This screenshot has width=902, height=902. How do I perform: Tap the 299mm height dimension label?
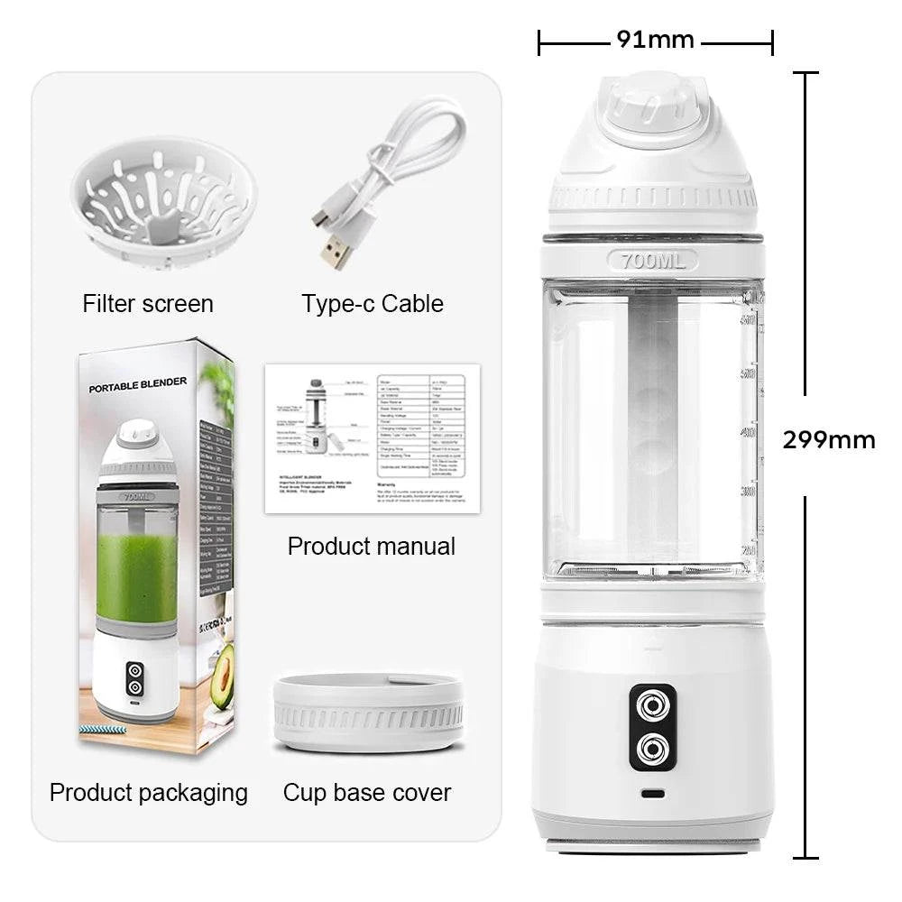click(x=828, y=440)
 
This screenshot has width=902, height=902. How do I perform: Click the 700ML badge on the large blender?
click(x=653, y=262)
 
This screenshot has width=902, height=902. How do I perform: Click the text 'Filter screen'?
click(x=148, y=304)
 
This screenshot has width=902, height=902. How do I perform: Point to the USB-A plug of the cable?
click(x=335, y=253)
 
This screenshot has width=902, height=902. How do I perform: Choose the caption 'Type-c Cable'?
click(x=373, y=304)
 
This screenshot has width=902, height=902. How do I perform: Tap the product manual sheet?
click(x=372, y=438)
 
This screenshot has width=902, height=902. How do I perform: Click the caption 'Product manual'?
click(x=372, y=547)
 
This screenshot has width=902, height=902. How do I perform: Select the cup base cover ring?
click(x=368, y=713)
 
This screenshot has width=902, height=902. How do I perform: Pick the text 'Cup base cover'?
click(x=367, y=793)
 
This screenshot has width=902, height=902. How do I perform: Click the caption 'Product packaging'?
click(x=149, y=793)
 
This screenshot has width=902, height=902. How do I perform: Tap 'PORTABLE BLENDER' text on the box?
click(x=138, y=385)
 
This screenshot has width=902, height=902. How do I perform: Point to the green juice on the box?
click(x=137, y=577)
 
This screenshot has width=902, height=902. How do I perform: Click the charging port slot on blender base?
click(x=653, y=795)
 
